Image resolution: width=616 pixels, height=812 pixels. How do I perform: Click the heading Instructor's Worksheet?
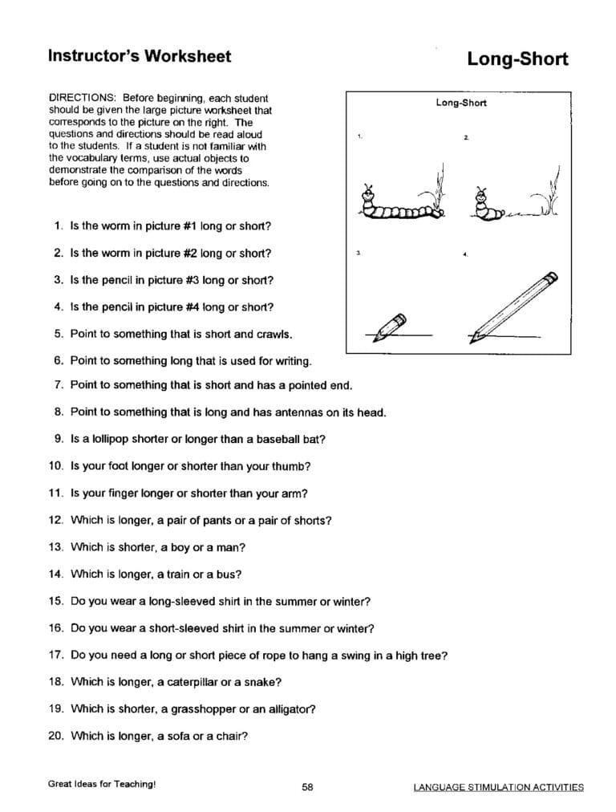139,56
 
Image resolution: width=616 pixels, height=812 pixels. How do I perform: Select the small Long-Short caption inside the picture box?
460,103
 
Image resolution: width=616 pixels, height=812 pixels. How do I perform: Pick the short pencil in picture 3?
391,325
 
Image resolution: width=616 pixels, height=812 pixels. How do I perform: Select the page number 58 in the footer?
307,787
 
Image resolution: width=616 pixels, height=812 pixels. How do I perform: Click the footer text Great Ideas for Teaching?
101,784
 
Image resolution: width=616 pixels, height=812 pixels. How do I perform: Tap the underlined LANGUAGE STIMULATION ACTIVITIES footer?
498,787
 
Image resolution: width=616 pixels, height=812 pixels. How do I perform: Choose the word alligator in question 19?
289,708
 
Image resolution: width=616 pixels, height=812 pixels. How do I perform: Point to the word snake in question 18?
261,682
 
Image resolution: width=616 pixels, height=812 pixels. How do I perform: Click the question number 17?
55,655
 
